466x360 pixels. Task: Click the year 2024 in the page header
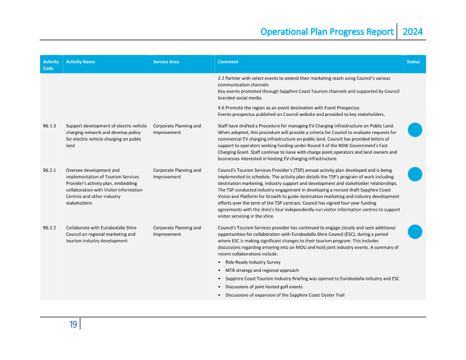412,32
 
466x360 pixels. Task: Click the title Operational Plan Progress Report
326,32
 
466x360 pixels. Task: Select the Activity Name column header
80,62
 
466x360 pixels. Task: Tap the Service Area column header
166,62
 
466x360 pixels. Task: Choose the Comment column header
228,62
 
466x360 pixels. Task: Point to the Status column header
413,62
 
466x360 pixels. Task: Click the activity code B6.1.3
49,126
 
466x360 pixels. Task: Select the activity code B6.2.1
49,170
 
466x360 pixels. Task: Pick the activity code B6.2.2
49,228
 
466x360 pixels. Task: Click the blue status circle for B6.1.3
415,130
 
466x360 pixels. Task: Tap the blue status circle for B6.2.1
415,174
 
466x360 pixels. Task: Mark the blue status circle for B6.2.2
415,232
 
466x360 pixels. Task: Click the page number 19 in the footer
73,324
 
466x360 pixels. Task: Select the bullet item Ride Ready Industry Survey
252,262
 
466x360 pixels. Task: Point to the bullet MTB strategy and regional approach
260,271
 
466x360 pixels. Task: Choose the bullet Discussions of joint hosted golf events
264,287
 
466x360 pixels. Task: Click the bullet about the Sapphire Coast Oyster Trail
284,295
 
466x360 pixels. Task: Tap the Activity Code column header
51,65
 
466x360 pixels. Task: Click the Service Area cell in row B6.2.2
177,231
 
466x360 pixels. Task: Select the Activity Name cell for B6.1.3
106,136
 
